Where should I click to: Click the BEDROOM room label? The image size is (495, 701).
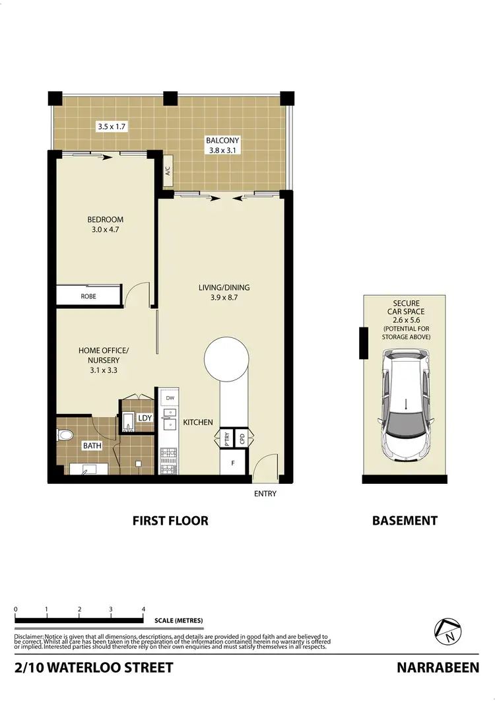[x=106, y=220]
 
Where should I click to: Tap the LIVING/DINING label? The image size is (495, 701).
[x=224, y=287]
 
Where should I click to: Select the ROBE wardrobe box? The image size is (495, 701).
[x=88, y=296]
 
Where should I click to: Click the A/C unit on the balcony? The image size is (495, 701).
[x=167, y=173]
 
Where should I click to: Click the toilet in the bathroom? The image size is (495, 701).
[x=65, y=435]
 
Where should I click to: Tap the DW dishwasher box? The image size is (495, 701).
[x=170, y=398]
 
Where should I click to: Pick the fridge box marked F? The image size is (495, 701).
[x=232, y=463]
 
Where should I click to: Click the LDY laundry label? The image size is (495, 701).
[x=145, y=418]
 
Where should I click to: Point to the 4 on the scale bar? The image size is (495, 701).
[x=143, y=609]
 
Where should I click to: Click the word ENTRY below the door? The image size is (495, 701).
[x=265, y=494]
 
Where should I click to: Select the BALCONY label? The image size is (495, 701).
[x=222, y=141]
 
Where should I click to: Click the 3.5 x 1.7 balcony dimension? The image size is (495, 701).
[x=112, y=125]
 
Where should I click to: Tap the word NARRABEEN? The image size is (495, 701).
[x=438, y=667]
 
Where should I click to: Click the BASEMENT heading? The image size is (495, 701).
[x=405, y=521]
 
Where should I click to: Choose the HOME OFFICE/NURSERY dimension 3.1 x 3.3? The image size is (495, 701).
[x=99, y=370]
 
